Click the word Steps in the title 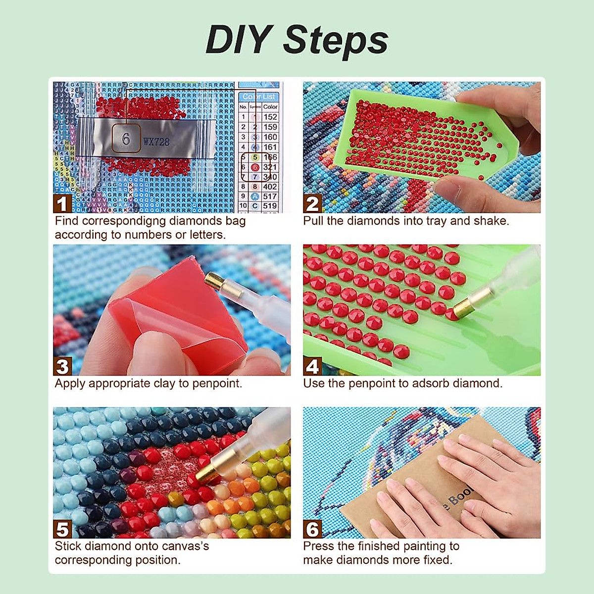pos(336,41)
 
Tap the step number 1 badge pos(62,204)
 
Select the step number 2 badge pos(312,204)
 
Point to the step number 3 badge pos(62,367)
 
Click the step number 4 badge pos(312,367)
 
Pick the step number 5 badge pos(62,529)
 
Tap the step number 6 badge pos(312,529)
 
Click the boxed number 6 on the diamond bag pos(126,139)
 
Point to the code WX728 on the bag pos(156,142)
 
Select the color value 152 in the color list pos(270,117)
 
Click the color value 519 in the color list pos(270,206)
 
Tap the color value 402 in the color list pos(270,187)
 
